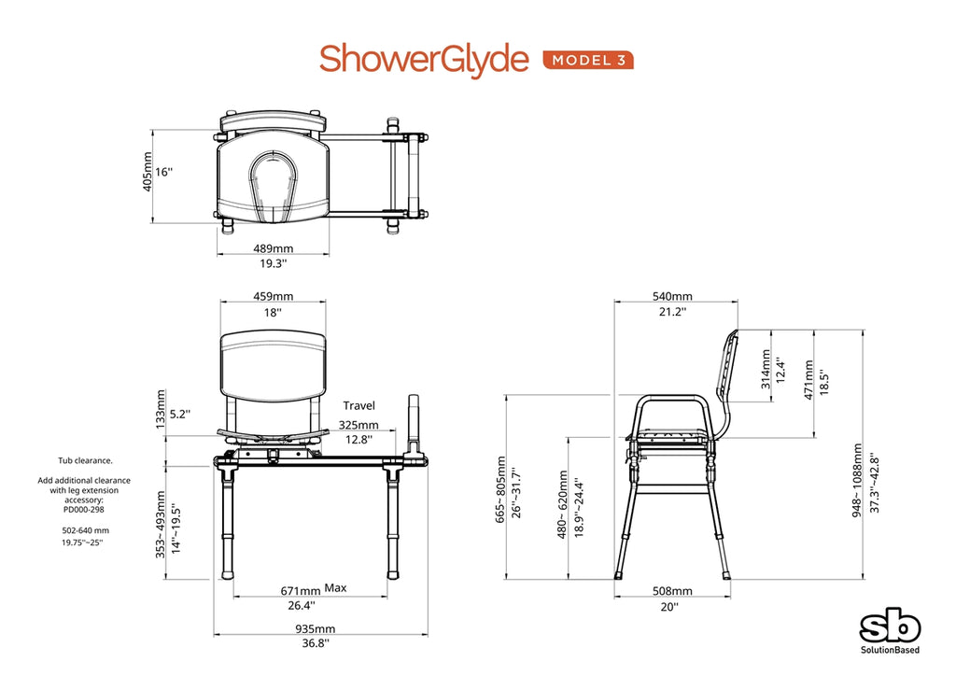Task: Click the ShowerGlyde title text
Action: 424,58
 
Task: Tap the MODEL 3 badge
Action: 588,60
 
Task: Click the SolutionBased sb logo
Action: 889,628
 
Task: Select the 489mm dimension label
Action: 274,248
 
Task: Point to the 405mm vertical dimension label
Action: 147,173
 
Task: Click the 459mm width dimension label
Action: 273,296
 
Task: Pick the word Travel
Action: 358,405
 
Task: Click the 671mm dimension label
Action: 301,591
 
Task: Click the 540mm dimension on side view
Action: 672,296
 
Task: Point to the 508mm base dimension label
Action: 672,591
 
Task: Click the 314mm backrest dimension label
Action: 765,368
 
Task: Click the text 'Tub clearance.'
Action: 87,460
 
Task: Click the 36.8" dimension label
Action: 316,643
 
